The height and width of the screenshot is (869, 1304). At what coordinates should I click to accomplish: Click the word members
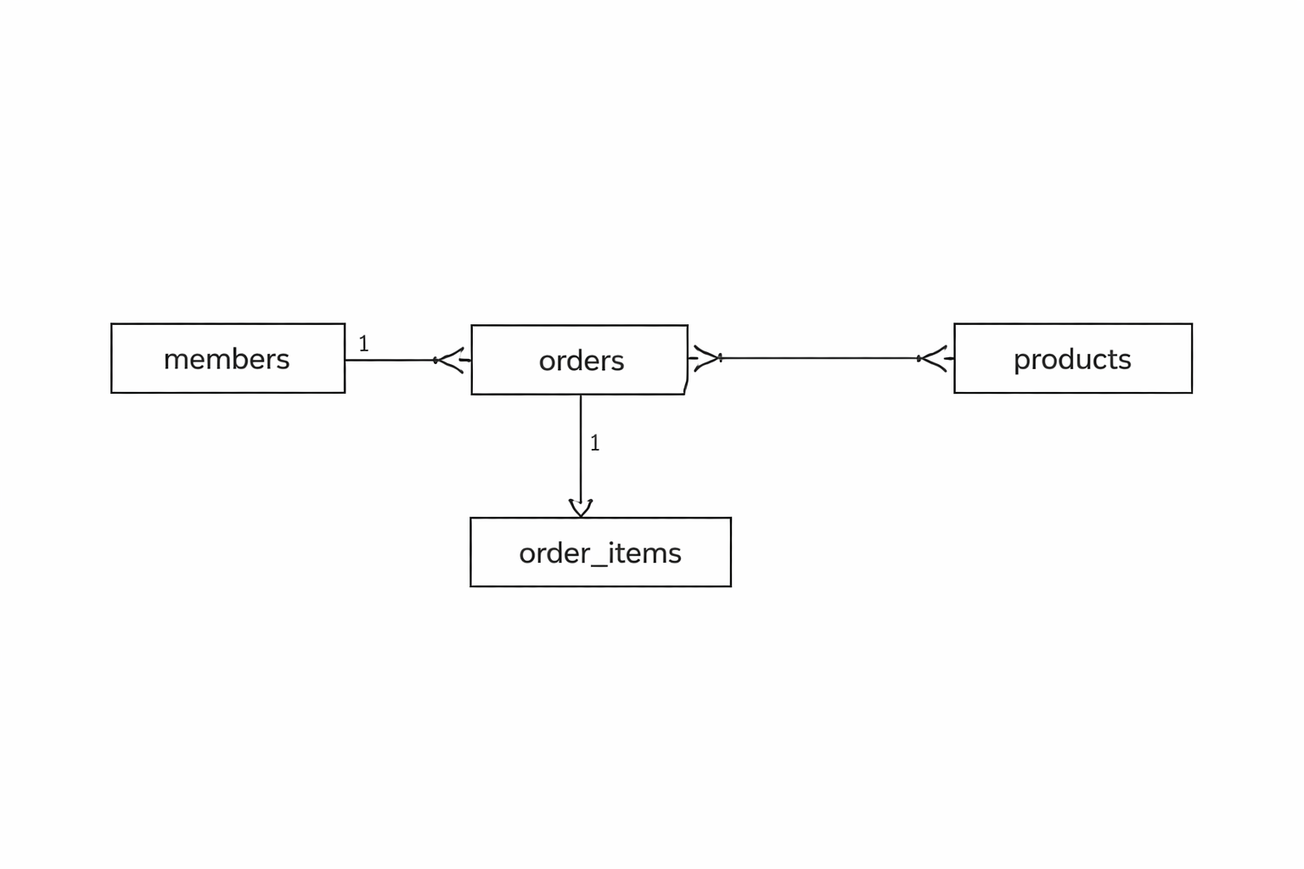point(227,359)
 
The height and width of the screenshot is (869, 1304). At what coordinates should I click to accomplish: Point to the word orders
point(582,361)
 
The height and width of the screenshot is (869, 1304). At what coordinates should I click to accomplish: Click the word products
point(1072,360)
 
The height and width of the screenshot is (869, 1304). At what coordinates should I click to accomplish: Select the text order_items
point(600,553)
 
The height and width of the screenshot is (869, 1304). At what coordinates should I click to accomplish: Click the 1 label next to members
point(364,344)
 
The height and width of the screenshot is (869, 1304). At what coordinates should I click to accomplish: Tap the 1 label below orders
point(595,443)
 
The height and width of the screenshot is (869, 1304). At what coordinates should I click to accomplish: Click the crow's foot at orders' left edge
point(452,361)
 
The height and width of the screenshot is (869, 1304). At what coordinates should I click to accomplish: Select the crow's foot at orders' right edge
point(705,358)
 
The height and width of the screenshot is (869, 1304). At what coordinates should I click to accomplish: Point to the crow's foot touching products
point(936,358)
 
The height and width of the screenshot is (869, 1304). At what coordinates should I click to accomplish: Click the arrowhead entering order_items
point(581,508)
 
